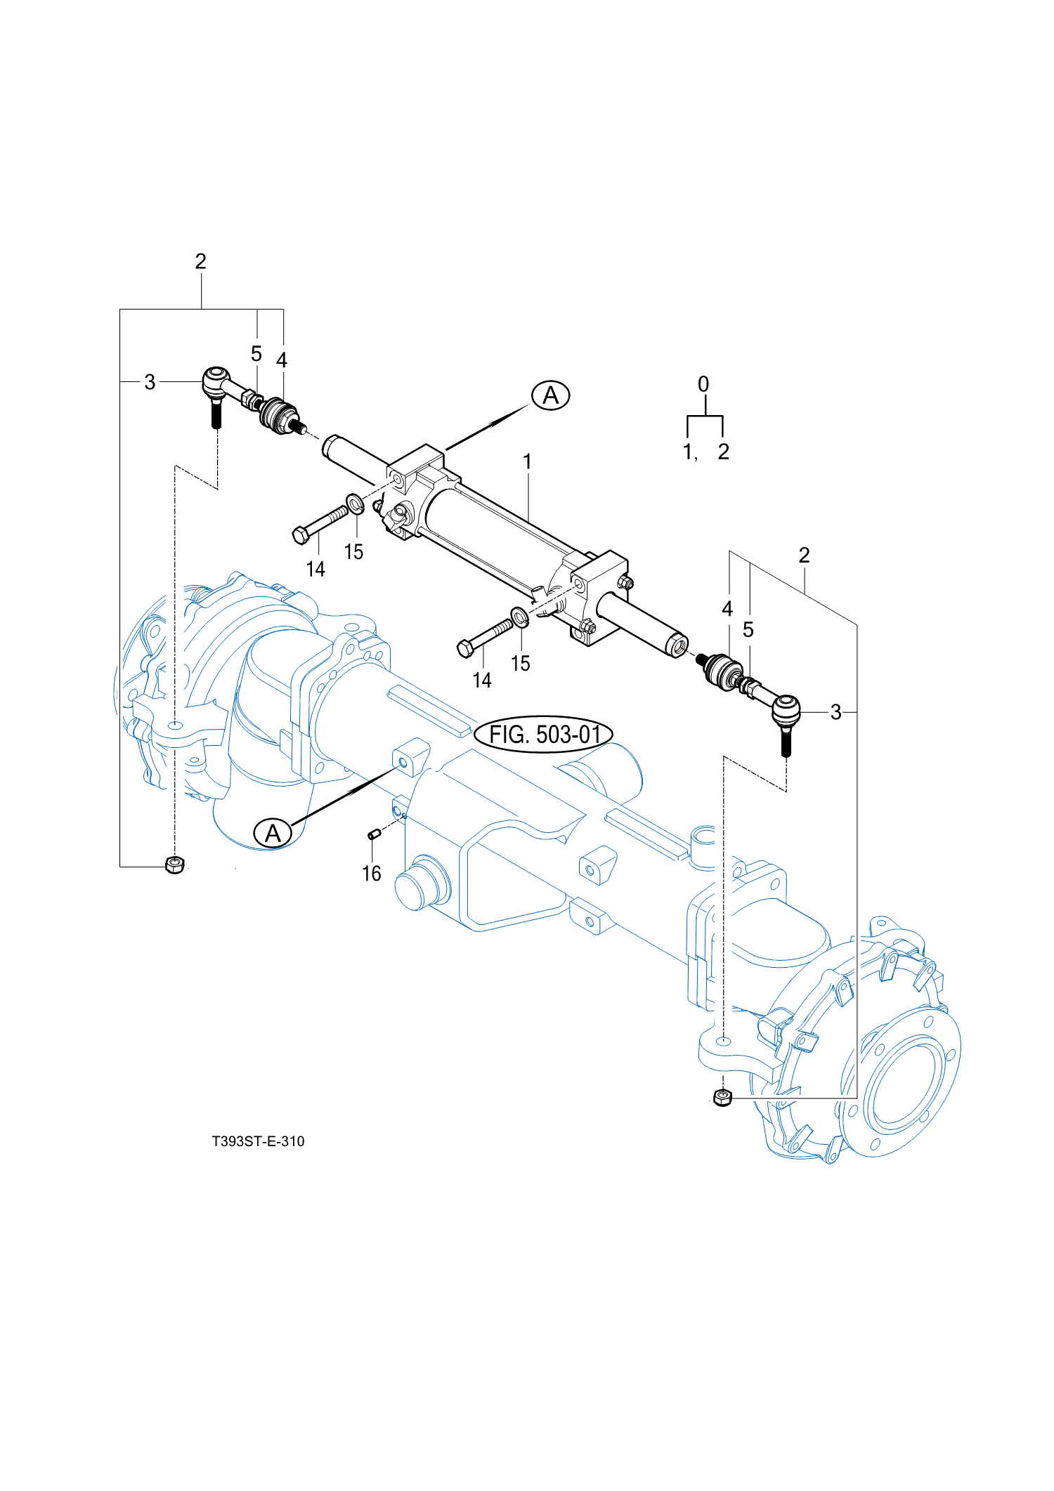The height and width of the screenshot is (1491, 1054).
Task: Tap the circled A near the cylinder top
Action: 551,395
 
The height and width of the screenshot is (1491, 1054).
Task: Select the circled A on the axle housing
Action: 273,833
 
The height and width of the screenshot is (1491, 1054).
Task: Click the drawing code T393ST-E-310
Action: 258,1141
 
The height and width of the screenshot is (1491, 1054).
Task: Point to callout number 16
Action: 371,873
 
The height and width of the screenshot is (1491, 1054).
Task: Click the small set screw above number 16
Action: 375,834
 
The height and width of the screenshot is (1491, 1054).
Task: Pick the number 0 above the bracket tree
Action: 703,384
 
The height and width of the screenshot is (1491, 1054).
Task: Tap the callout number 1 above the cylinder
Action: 527,461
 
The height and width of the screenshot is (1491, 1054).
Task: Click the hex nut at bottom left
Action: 175,865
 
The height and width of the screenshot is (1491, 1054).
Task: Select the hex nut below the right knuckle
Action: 722,1097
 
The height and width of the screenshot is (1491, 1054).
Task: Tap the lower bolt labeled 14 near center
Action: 485,636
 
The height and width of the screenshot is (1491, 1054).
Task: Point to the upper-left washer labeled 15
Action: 356,503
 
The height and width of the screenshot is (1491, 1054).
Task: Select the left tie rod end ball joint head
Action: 216,380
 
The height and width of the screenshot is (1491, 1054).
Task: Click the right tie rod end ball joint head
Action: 786,709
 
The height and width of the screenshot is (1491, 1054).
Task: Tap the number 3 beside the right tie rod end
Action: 835,712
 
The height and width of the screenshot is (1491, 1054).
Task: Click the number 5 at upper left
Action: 256,354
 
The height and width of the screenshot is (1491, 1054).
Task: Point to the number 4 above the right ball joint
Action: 727,609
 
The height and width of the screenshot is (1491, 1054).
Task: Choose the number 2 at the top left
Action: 201,261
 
